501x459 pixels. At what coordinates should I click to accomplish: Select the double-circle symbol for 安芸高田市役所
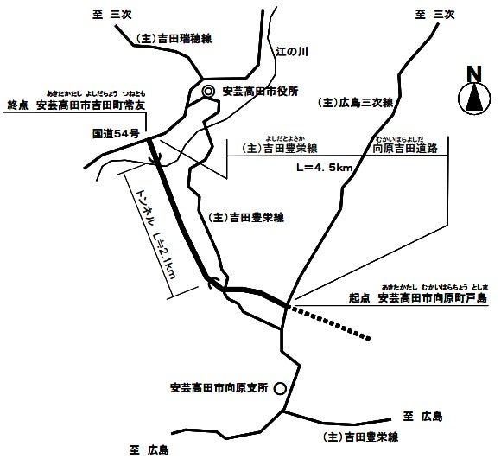click(208, 92)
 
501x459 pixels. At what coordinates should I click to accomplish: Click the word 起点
click(359, 298)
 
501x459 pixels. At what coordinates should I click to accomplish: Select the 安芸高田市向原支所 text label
click(219, 386)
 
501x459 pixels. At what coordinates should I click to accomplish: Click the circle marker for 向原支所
click(278, 389)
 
